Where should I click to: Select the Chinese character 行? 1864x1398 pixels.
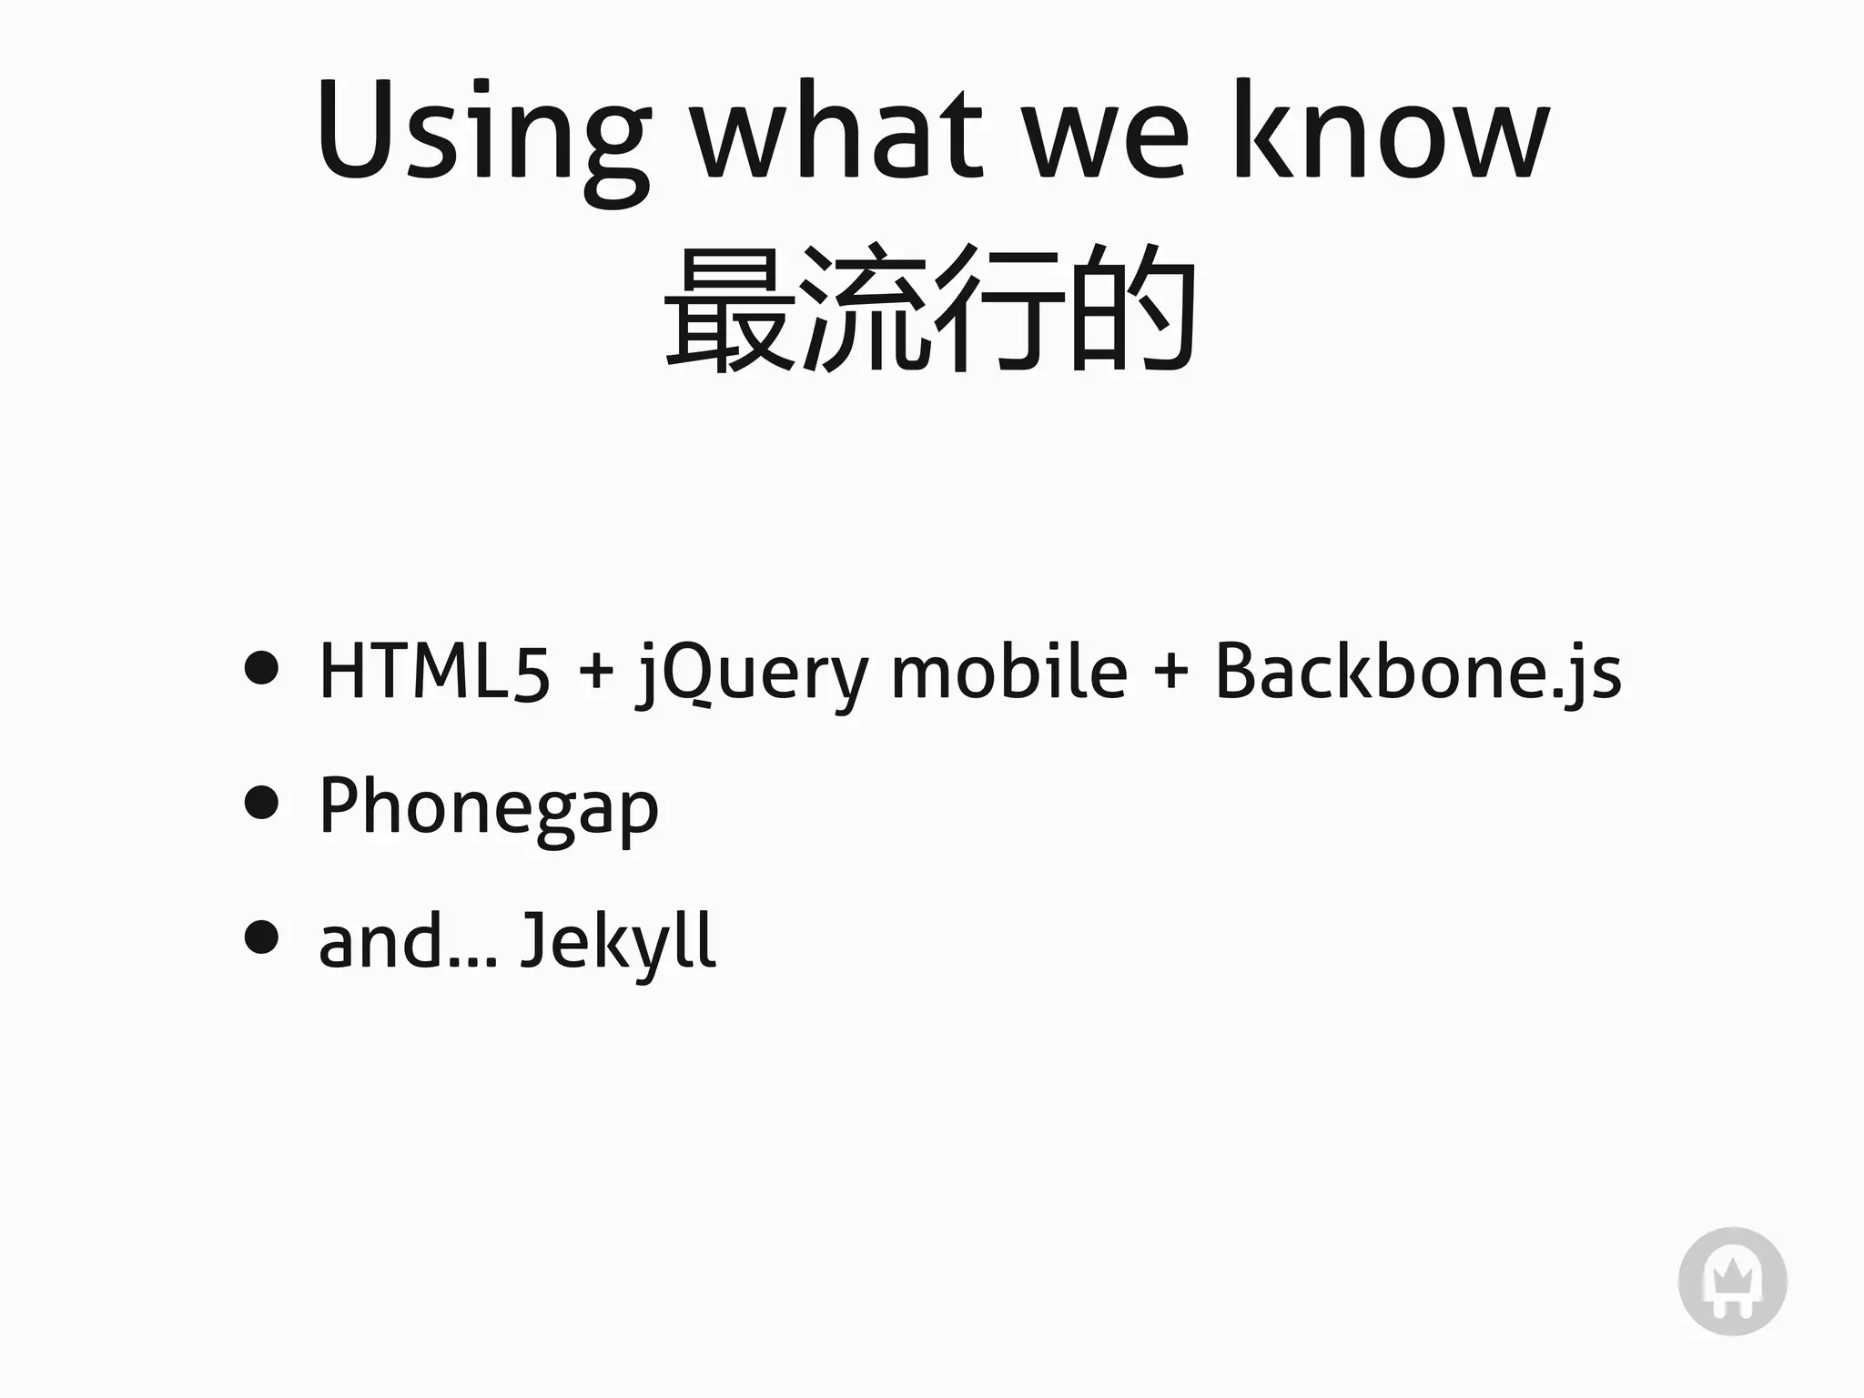[1000, 309]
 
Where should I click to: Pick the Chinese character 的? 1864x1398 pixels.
[1133, 309]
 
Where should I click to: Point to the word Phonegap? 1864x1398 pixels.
[489, 807]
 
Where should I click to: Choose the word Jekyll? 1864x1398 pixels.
[618, 942]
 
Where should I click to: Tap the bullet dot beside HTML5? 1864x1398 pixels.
[261, 667]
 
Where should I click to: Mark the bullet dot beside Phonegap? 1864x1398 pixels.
[261, 802]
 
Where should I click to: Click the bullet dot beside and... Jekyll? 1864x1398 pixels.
[261, 937]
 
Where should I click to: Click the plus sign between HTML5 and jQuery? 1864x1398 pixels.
[595, 674]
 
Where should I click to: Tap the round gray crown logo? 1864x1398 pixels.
[1732, 1281]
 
